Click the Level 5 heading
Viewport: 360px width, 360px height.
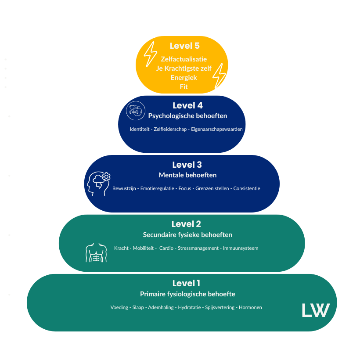click(184, 46)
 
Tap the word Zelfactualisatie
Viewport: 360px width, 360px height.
click(184, 59)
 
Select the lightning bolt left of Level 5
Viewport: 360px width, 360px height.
click(151, 54)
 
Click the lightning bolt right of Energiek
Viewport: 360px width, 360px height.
click(219, 76)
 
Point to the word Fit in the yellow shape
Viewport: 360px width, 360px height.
click(184, 87)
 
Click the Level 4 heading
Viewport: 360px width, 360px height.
click(187, 105)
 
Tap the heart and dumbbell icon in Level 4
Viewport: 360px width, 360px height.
click(135, 111)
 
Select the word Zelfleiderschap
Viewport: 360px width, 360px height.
click(171, 129)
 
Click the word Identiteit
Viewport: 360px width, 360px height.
click(140, 129)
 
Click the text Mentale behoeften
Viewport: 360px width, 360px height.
click(187, 175)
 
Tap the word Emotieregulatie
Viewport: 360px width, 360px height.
click(158, 188)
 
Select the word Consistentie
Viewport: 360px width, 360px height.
click(247, 188)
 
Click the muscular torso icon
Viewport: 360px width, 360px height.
click(96, 252)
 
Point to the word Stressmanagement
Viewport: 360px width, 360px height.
click(198, 248)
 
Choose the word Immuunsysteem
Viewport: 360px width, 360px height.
click(241, 248)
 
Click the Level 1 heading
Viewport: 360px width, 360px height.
click(186, 283)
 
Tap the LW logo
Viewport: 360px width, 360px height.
click(315, 310)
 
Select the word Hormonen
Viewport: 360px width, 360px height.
click(250, 307)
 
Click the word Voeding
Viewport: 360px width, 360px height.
click(119, 307)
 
